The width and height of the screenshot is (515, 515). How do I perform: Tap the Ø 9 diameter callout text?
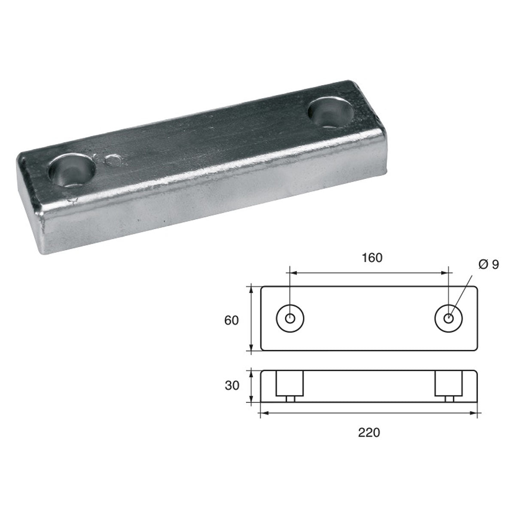(487, 265)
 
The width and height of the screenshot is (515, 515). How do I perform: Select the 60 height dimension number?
(231, 320)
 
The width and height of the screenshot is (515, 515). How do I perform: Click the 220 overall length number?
(369, 432)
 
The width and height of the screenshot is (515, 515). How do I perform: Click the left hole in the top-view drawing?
(291, 319)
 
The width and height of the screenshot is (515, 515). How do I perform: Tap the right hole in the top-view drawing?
(448, 319)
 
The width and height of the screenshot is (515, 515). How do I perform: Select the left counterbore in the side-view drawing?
(290, 383)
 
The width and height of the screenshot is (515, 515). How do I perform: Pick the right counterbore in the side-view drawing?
(449, 383)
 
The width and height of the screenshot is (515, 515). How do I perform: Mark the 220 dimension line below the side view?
(369, 414)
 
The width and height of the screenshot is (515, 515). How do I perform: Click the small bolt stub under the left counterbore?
(290, 399)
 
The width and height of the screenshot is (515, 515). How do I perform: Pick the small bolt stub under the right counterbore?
(449, 399)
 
